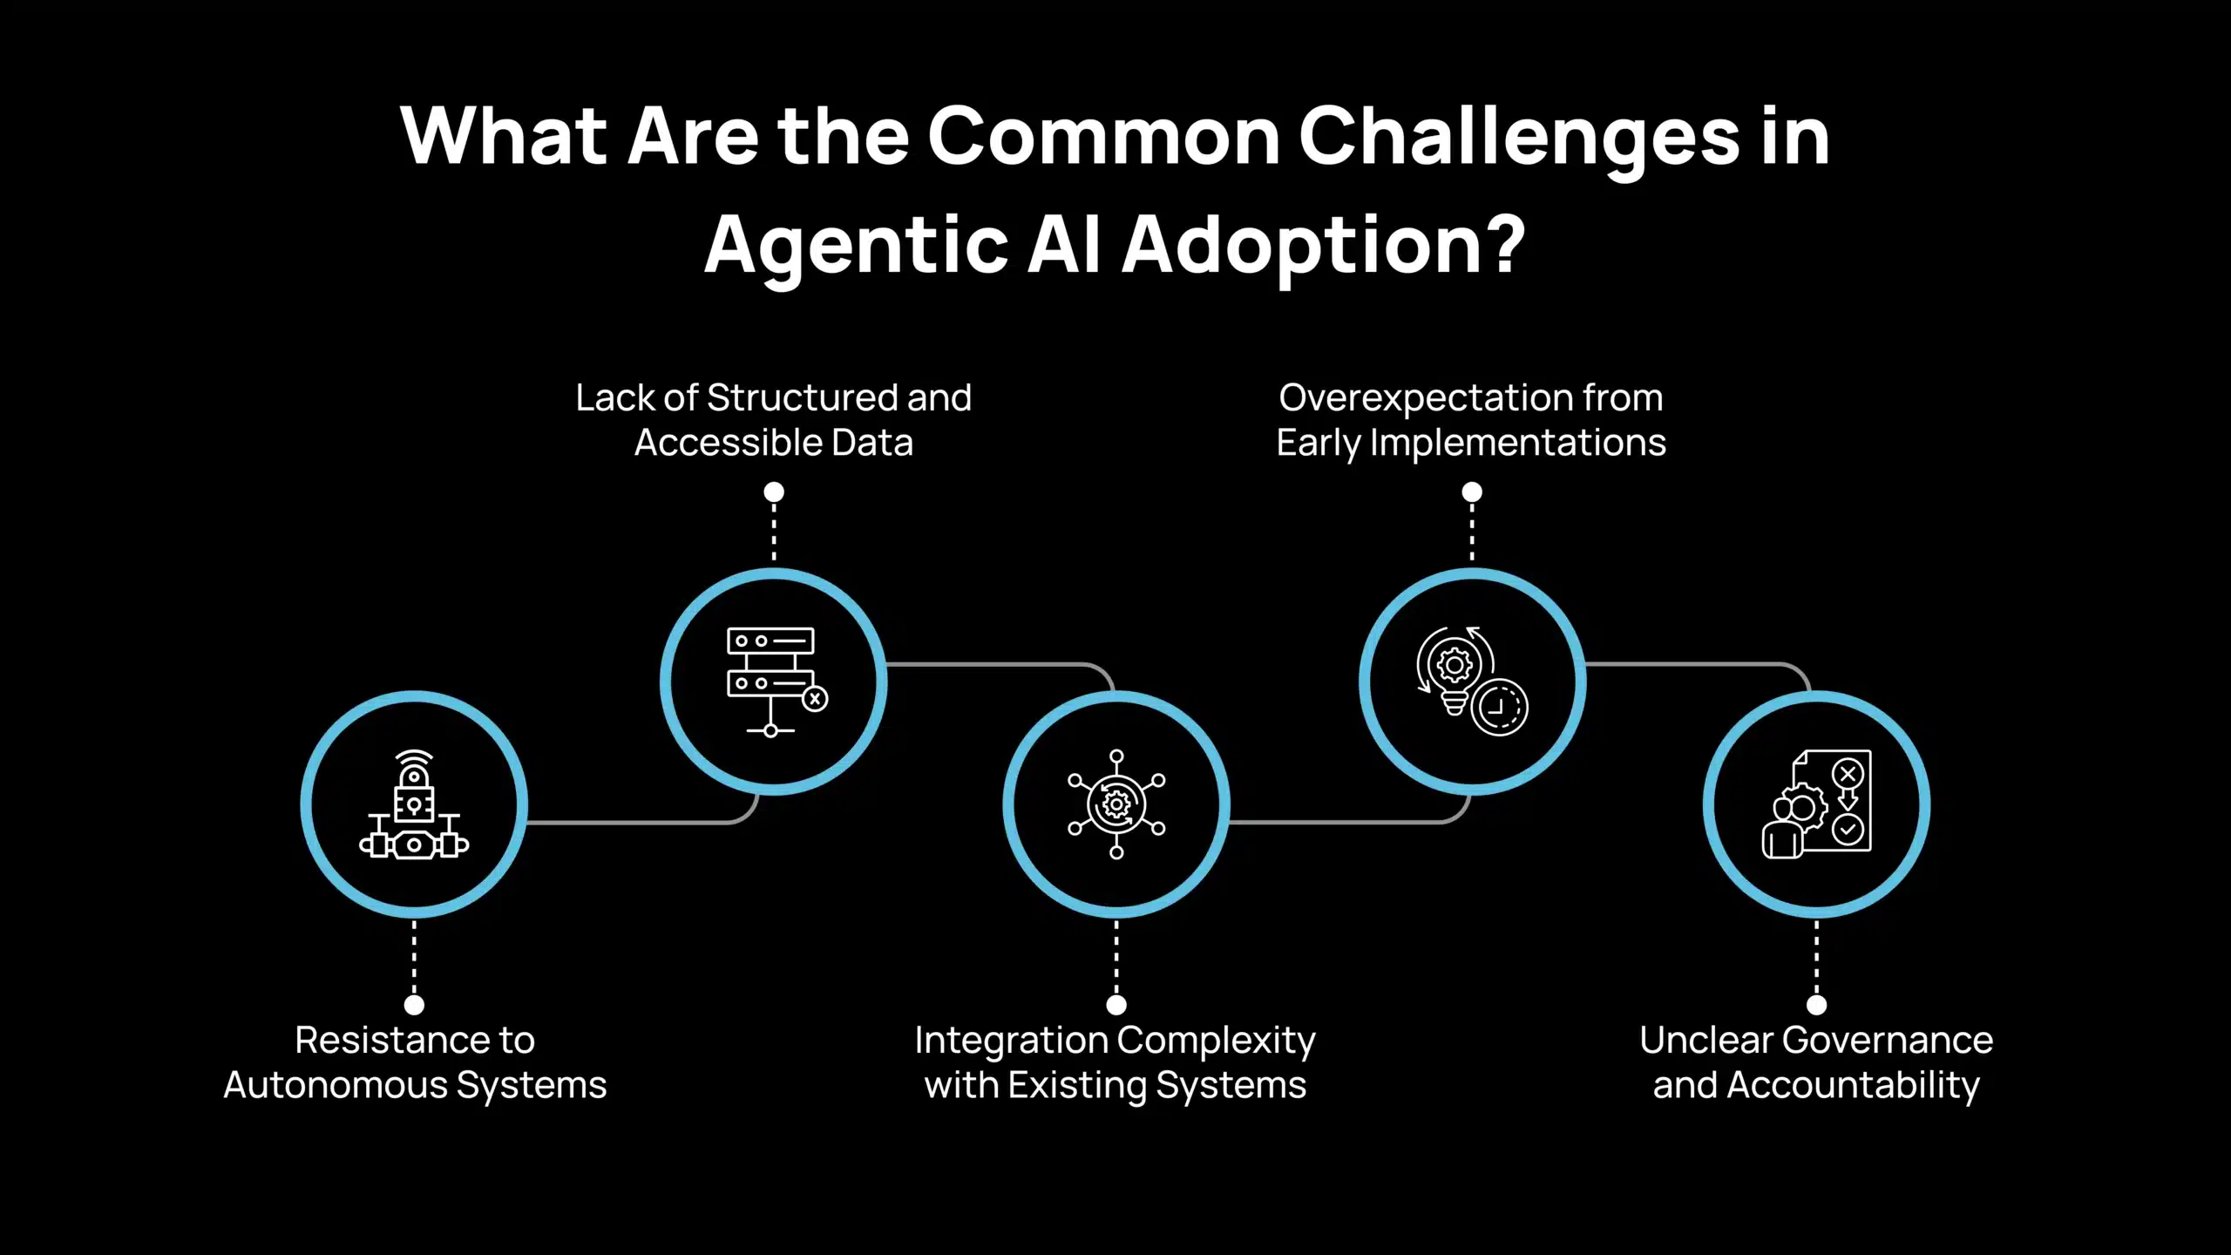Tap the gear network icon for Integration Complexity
coord(1116,804)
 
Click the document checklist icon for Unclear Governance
coord(1817,804)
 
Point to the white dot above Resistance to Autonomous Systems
coord(415,1005)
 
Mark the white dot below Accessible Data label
coord(774,492)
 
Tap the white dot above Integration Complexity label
coord(1116,1005)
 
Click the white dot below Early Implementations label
coord(1472,492)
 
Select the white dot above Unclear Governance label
coord(1817,1005)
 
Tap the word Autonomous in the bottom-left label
coord(335,1086)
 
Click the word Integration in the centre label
coord(1011,1041)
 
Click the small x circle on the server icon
coord(815,699)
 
